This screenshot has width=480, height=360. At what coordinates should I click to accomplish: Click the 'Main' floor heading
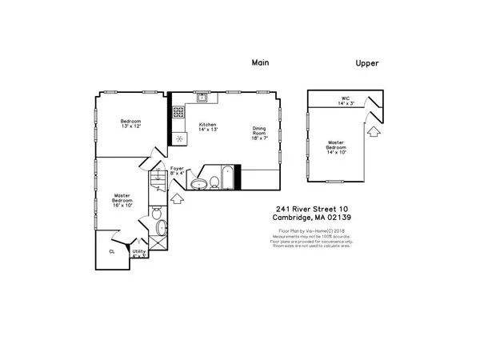coord(260,62)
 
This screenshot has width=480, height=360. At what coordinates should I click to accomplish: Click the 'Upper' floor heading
coord(367,62)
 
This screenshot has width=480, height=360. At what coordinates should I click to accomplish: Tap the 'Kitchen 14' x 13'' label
coord(208,128)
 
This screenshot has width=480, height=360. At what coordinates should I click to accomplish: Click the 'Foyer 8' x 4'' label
coord(177,170)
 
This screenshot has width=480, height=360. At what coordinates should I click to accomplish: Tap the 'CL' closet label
coord(111,250)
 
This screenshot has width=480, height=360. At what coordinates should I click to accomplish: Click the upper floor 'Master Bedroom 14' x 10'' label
coord(335,147)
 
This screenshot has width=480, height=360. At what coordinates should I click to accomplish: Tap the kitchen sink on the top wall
coord(203,98)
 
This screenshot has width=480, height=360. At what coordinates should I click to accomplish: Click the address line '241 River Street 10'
coord(308,210)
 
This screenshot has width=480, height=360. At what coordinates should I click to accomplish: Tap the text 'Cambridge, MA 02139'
coord(308,218)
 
